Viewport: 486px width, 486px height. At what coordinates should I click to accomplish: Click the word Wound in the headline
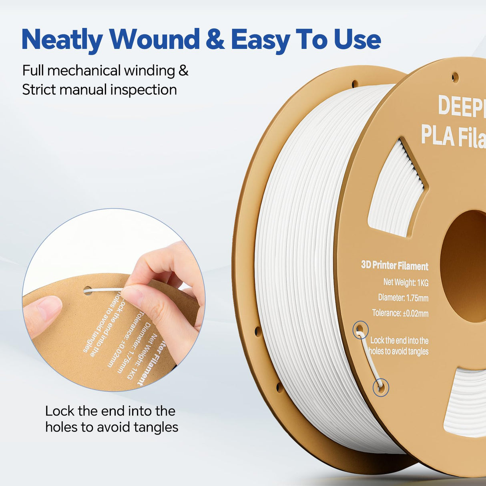coord(155,40)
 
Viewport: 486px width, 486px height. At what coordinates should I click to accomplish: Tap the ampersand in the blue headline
coord(215,40)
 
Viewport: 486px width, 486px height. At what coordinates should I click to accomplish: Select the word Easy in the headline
coord(260,40)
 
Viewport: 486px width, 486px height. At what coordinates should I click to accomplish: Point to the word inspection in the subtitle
coord(143,90)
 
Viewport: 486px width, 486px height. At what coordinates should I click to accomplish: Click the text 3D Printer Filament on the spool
coord(394,265)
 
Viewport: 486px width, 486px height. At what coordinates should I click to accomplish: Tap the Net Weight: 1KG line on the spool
coord(406,282)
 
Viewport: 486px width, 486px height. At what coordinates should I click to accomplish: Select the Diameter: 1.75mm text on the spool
coord(403,298)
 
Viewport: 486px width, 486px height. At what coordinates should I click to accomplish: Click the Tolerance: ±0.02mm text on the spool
coord(400,313)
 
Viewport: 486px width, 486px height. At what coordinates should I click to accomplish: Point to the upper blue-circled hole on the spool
coord(360,330)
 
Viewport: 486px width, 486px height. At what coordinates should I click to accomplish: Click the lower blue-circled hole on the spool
coord(380,387)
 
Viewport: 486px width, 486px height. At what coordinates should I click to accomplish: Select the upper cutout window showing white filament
coord(396,188)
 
